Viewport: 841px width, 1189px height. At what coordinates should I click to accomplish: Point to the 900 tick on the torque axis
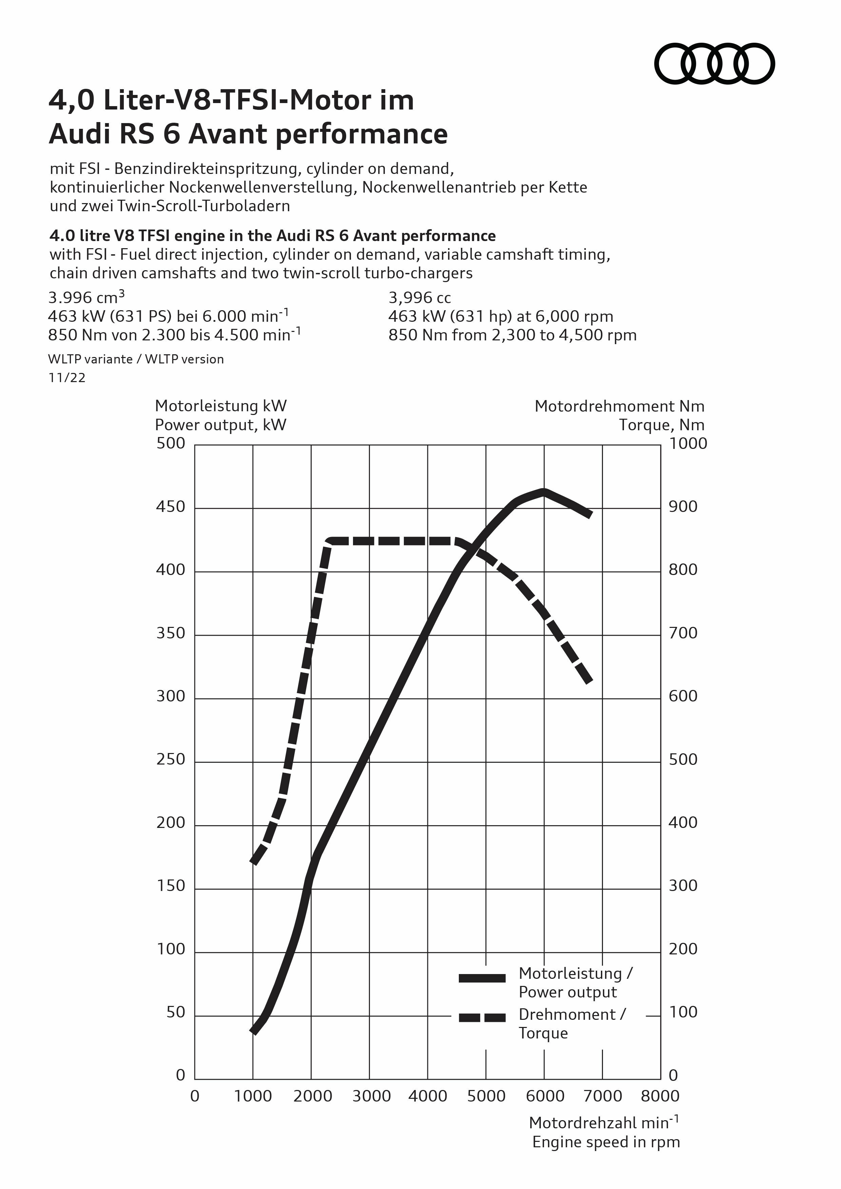pyautogui.click(x=683, y=507)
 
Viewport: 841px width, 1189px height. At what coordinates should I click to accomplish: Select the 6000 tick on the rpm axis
pyautogui.click(x=545, y=1096)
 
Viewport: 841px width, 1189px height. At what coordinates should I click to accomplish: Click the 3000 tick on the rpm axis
pyautogui.click(x=371, y=1096)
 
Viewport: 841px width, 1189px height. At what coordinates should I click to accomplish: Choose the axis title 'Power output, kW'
pyautogui.click(x=221, y=425)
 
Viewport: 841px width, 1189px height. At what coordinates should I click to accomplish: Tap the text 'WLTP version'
pyautogui.click(x=184, y=359)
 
